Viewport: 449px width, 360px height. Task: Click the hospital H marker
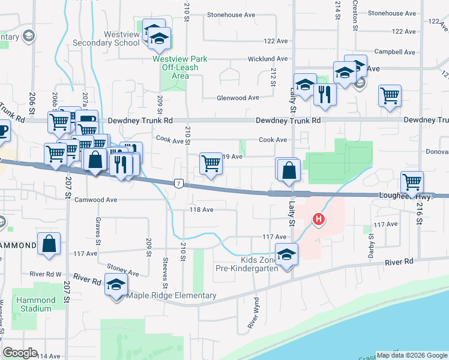tap(319, 220)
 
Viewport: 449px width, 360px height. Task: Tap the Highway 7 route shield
tap(178, 183)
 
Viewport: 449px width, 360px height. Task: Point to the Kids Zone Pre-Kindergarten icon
tap(287, 254)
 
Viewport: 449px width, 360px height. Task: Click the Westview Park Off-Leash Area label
tap(180, 67)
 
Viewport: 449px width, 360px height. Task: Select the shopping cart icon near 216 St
tap(412, 181)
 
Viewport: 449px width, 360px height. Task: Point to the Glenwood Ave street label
tap(238, 98)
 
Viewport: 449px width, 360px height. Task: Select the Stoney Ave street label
tap(122, 269)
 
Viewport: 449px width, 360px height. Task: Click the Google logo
tap(20, 353)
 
